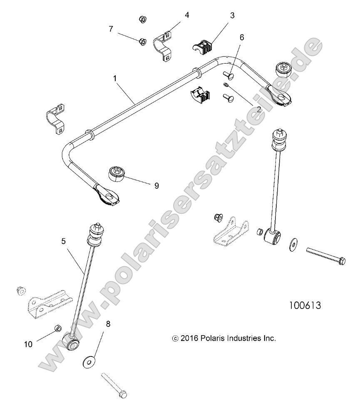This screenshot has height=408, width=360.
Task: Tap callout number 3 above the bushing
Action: pyautogui.click(x=232, y=16)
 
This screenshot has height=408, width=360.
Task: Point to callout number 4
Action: pyautogui.click(x=187, y=15)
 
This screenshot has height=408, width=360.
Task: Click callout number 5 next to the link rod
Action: pyautogui.click(x=63, y=241)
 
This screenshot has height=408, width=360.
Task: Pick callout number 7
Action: pyautogui.click(x=111, y=29)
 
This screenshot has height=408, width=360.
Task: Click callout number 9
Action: pyautogui.click(x=156, y=185)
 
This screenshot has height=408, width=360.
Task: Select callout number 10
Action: pyautogui.click(x=28, y=344)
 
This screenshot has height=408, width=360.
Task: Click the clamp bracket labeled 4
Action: pyautogui.click(x=165, y=45)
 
